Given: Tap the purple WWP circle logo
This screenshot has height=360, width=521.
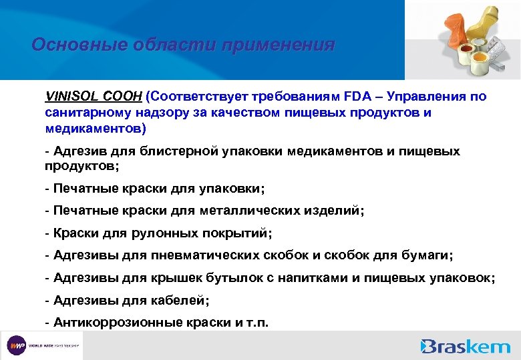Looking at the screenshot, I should coord(15,345).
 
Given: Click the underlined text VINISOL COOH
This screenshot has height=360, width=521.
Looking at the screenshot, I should coord(93,97).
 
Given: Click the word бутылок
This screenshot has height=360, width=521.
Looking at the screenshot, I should coord(231,278).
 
